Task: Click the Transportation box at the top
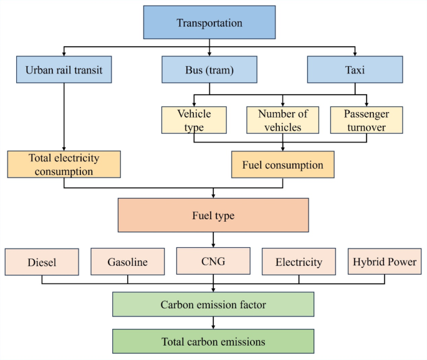209,23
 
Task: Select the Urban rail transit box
64,70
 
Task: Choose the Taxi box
355,70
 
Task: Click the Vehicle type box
194,120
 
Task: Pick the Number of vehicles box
282,120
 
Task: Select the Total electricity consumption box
64,163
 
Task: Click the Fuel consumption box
283,165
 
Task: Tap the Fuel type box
213,216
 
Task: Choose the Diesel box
42,262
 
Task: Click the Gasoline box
128,262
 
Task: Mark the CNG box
213,260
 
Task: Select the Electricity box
299,262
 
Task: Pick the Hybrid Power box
385,262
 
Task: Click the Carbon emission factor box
213,305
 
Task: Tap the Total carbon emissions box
213,341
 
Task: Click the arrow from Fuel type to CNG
213,239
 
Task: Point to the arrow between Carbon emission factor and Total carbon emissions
213,323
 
